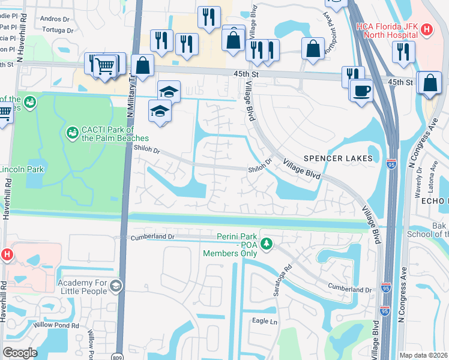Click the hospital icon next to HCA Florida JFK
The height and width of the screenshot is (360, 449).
[427, 29]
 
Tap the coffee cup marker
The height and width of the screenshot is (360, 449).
[362, 91]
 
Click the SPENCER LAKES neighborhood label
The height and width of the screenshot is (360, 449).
[338, 158]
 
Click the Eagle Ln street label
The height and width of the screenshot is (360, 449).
[265, 322]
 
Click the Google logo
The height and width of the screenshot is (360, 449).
[19, 353]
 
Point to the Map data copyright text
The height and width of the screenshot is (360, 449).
[423, 355]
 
